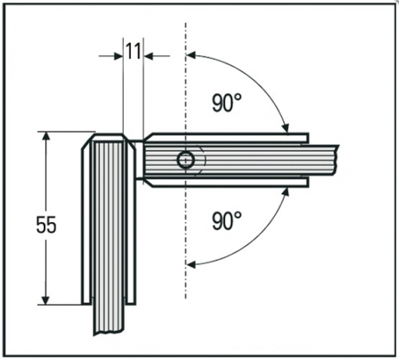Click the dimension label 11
[133, 51]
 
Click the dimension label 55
[46, 225]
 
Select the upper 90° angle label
[227, 103]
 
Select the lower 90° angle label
[227, 220]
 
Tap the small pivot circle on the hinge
[186, 160]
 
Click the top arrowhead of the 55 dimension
[46, 136]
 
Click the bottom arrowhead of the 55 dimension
[46, 300]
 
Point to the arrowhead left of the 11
[118, 56]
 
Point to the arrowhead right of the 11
[148, 56]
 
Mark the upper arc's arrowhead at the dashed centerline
[191, 55]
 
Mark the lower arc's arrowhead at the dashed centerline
[191, 264]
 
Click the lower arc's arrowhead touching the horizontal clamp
[286, 192]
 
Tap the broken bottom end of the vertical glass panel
[109, 333]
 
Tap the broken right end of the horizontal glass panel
[337, 160]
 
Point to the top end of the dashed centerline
[186, 23]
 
